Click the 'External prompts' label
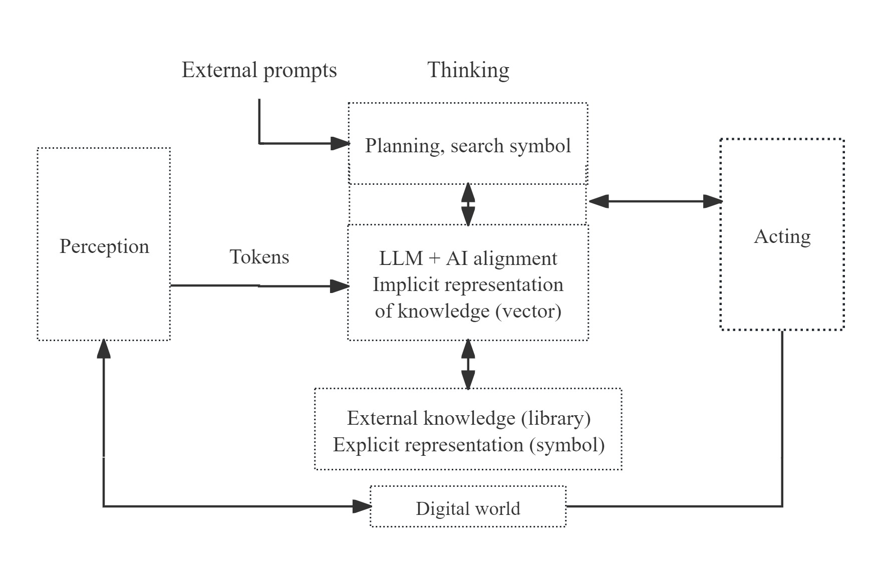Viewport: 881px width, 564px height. (259, 70)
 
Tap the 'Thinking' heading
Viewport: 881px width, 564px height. (468, 70)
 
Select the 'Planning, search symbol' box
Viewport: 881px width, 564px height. (468, 145)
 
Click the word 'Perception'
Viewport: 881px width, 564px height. (104, 246)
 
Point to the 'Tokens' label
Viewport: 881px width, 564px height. (259, 257)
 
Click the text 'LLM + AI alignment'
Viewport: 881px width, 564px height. (468, 258)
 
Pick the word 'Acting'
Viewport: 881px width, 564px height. (782, 236)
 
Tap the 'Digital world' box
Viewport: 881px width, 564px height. (468, 508)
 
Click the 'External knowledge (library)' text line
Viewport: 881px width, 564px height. (468, 418)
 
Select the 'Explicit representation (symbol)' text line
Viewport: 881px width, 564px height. (468, 445)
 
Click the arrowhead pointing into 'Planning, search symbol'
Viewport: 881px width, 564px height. (341, 144)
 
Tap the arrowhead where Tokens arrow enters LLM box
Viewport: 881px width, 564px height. (340, 287)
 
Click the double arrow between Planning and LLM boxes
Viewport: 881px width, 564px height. (468, 204)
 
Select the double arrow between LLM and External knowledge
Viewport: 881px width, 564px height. (468, 364)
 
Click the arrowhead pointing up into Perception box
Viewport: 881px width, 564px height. (104, 349)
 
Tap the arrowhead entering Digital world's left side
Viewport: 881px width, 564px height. (362, 506)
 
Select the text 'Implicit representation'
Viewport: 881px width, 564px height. (468, 285)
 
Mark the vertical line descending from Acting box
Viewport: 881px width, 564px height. (782, 416)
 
